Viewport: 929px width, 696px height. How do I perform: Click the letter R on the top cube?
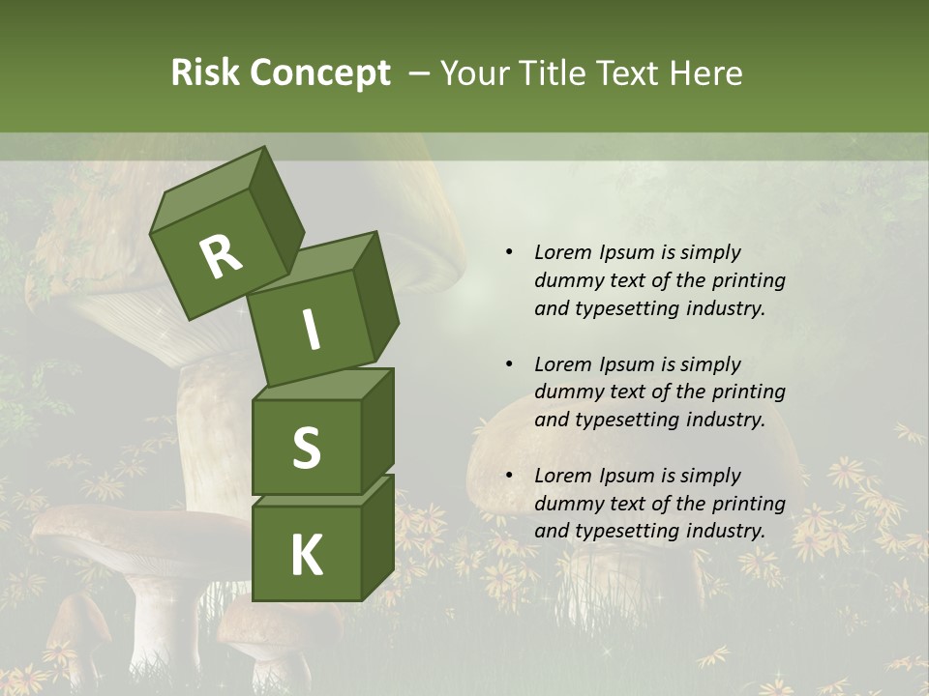click(221, 256)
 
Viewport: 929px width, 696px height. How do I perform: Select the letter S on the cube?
click(306, 447)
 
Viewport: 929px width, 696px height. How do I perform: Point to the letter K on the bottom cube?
click(306, 555)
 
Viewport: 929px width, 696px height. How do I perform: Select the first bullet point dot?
click(509, 252)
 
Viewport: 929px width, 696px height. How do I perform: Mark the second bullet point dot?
click(509, 364)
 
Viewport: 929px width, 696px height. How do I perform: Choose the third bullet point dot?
click(509, 476)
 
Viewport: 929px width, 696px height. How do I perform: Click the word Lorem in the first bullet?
click(563, 252)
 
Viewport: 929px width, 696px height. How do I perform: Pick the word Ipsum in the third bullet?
click(626, 476)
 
